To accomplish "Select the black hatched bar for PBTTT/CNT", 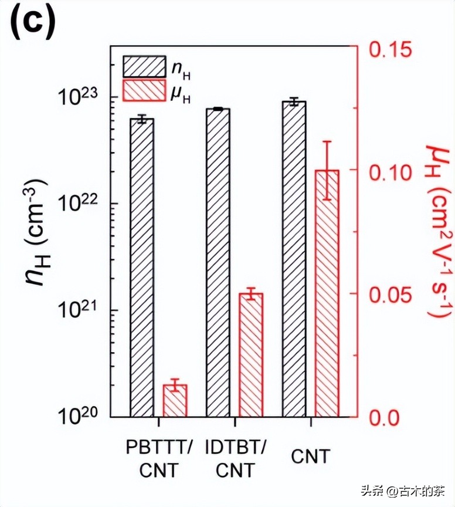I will tap(142, 268).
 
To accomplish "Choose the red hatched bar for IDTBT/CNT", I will tap(251, 355).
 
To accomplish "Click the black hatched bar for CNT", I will tap(294, 259).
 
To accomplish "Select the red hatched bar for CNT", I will tap(327, 293).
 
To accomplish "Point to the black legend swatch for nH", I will tap(144, 66).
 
